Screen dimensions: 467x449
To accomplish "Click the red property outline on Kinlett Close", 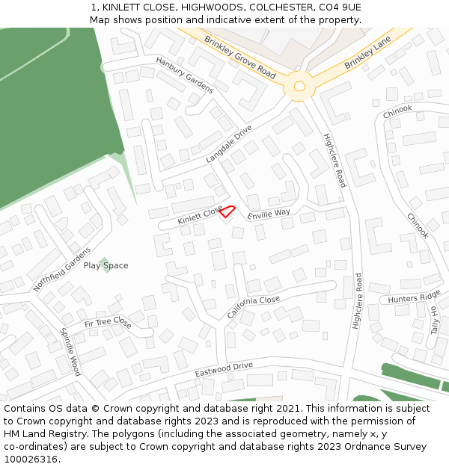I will pos(227,212).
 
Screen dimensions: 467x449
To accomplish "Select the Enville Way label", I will pos(269,214).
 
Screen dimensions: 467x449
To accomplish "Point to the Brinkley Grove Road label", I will pos(239,56).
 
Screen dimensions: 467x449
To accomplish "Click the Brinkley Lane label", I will pos(368,55).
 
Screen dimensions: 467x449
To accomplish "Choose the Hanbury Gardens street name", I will pos(185,75).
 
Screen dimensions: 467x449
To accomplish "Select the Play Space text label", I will pos(106,266).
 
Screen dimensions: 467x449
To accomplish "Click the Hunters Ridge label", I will pos(414,297).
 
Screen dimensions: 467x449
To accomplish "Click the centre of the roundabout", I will pos(299,87).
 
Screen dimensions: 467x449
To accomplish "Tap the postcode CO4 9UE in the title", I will pos(341,7).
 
